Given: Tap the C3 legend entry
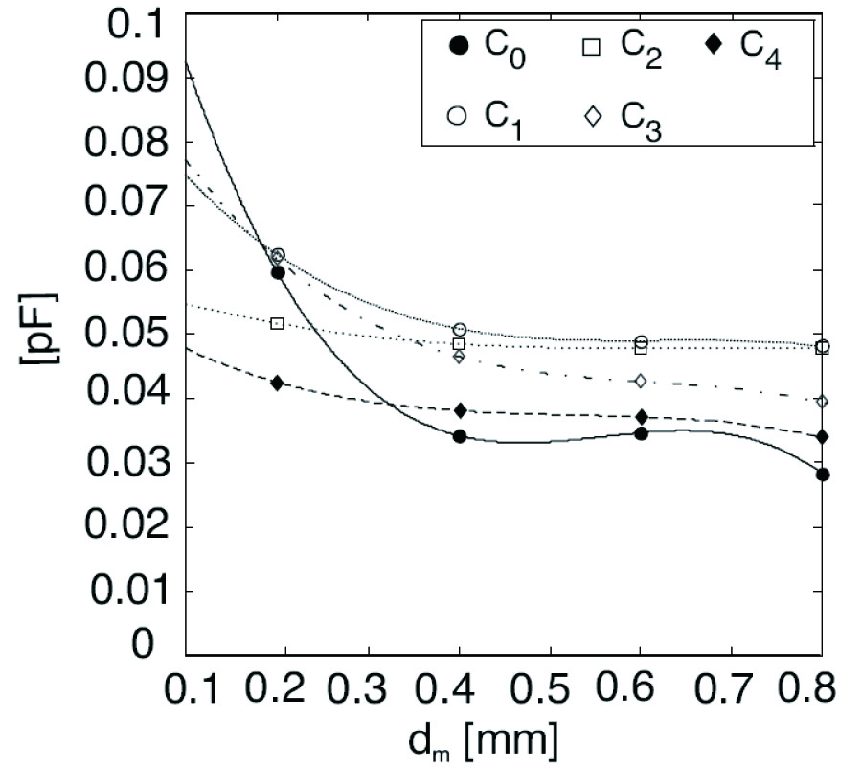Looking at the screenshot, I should click(623, 116).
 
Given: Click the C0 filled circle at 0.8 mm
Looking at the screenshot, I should click(822, 475).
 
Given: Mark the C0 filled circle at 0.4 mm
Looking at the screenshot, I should click(460, 436).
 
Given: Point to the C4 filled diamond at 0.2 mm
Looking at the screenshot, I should click(278, 383).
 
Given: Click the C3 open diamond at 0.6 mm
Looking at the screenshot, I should click(641, 381).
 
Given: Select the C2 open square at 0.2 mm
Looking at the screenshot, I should click(278, 324).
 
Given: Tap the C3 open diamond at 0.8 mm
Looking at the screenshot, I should click(822, 401).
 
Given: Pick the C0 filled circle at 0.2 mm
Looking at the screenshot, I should click(278, 272).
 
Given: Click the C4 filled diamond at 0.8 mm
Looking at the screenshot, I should click(822, 437).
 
